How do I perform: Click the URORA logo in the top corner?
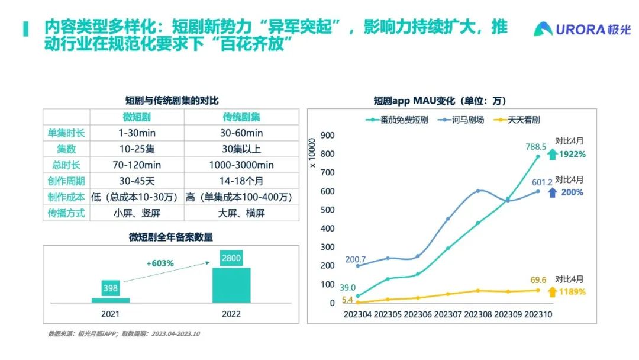pos(582,29)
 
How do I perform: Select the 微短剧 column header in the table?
pos(137,117)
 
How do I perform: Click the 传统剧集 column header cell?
pos(241,117)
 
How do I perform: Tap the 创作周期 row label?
pos(66,181)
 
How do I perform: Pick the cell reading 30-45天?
pos(137,181)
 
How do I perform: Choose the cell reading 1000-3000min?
pos(241,165)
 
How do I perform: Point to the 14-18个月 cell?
pos(241,181)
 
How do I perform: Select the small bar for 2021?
pos(111,300)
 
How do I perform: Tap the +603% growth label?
pos(160,263)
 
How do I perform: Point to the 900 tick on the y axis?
pos(327,136)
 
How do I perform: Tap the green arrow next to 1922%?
pos(551,155)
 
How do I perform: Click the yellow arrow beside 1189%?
pos(551,292)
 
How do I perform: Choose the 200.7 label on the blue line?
pos(356,260)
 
